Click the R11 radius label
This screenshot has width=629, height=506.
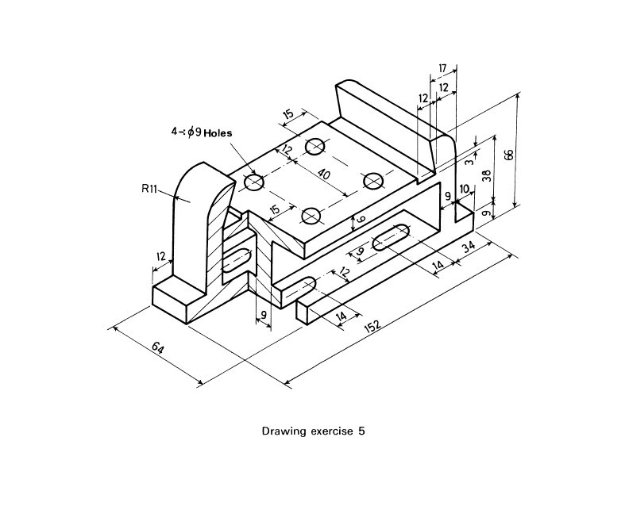pyautogui.click(x=150, y=189)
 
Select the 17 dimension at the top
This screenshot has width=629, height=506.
pyautogui.click(x=442, y=69)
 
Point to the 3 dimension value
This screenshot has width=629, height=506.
pyautogui.click(x=469, y=160)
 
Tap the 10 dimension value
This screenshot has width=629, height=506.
pyautogui.click(x=465, y=190)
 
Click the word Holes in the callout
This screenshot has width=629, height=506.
pyautogui.click(x=218, y=134)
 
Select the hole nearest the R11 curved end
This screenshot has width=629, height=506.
pyautogui.click(x=254, y=182)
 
